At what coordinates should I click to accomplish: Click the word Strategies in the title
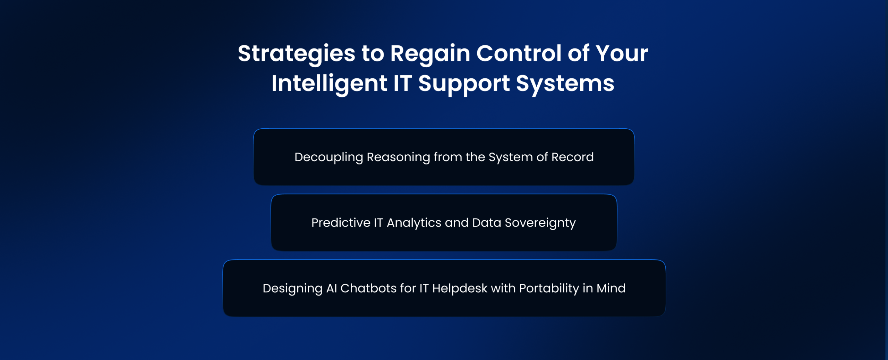coord(297,54)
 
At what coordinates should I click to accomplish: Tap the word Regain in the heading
coord(430,54)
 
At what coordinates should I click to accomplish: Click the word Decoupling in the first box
coord(329,157)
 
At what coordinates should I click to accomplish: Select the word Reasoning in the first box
coord(399,157)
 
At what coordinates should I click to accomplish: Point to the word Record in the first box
coord(573,157)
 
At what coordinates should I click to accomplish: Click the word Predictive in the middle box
coord(341,223)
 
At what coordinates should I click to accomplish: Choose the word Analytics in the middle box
coord(414,223)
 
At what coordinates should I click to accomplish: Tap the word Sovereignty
coord(540,223)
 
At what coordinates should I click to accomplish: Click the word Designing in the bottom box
coord(292,289)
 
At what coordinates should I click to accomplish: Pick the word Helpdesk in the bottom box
coord(460,289)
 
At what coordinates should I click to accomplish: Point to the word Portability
coord(549,289)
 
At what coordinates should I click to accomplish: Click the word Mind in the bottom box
coord(611,288)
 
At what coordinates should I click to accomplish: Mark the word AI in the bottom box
coord(332,288)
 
